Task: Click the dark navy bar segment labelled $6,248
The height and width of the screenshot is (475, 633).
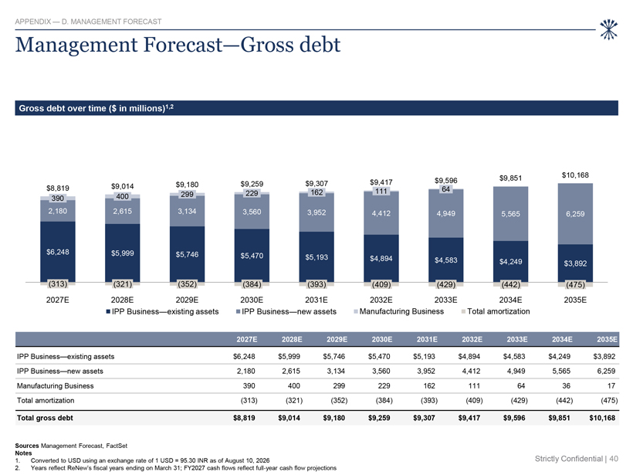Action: pos(58,252)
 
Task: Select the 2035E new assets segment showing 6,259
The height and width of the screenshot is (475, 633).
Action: pos(575,214)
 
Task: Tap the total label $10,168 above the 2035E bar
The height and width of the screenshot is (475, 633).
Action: pos(575,175)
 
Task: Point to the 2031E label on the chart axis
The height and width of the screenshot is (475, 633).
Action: pos(316,300)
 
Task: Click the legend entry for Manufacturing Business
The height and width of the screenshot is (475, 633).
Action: pos(398,311)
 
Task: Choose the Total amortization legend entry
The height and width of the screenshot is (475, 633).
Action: pos(496,311)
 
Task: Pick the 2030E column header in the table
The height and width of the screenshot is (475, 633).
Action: pos(381,339)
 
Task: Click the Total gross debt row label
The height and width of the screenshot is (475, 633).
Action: pos(45,418)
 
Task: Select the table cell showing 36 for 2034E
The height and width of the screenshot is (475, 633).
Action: pos(566,385)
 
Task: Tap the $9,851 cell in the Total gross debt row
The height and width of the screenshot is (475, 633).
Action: pos(559,418)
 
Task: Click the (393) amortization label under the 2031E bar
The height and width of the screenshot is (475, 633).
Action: pos(316,284)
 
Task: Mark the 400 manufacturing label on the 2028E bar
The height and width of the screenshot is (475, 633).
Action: pos(122,196)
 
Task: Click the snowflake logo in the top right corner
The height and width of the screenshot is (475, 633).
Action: pos(608,29)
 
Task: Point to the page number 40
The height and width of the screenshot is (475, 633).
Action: pos(614,459)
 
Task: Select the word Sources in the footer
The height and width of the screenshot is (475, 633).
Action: pos(27,446)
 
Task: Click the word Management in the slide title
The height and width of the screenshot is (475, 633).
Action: pos(76,45)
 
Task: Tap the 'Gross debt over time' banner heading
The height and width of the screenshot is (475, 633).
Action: pos(96,108)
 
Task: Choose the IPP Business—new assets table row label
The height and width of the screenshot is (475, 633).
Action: pos(59,372)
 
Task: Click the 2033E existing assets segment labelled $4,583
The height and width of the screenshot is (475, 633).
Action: pos(445,260)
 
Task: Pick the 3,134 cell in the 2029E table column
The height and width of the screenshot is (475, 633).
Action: pos(336,372)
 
